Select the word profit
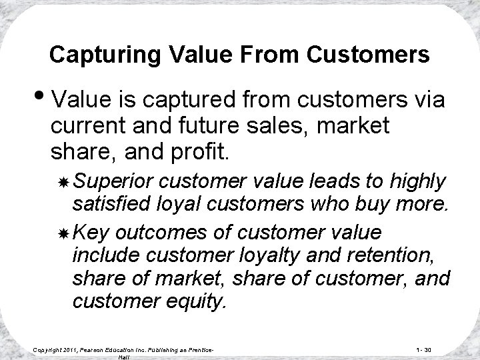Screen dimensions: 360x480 click(x=196, y=150)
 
